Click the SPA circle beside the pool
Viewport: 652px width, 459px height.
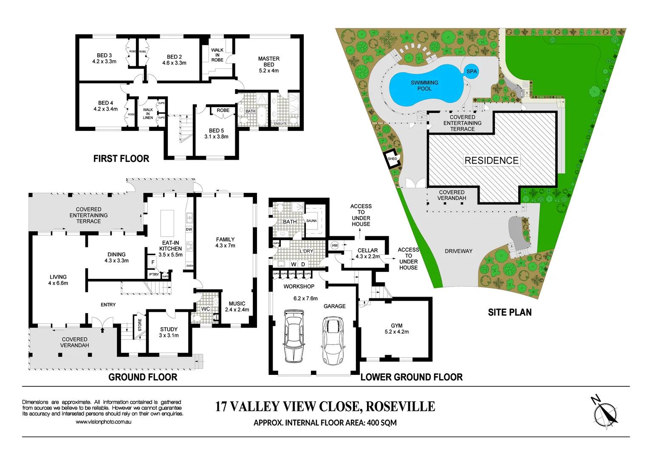[471, 71]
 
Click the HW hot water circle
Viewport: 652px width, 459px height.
[335, 246]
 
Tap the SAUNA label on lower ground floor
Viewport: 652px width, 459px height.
[311, 221]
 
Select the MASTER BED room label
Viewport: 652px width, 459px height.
[269, 62]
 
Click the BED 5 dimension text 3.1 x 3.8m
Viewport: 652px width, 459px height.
[216, 137]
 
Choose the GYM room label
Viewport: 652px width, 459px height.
[397, 326]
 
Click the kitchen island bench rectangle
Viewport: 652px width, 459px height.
[167, 223]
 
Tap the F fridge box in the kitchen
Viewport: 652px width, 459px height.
[152, 262]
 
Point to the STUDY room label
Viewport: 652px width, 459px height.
[169, 329]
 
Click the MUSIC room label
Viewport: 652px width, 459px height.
[237, 303]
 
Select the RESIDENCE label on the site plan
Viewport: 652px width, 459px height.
[491, 161]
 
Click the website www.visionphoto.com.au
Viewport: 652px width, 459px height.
[103, 422]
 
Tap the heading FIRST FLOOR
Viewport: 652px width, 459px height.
[121, 159]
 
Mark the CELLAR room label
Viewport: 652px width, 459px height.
[367, 250]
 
